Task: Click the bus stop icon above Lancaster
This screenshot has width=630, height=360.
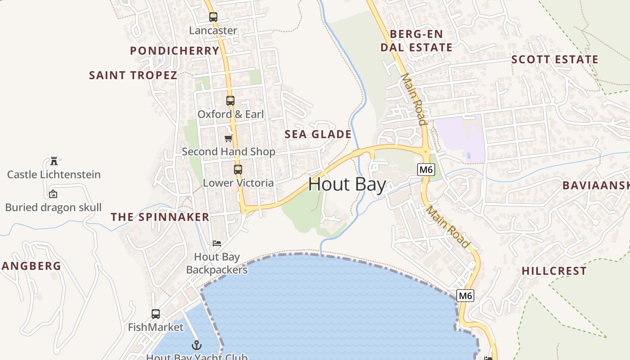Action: pos(213,17)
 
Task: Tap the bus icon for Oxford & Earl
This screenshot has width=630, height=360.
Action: pos(230,101)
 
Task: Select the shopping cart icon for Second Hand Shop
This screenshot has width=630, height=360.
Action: pos(229,138)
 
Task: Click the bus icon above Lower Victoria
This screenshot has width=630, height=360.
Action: pos(238,170)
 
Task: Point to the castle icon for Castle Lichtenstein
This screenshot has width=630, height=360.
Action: pos(54,161)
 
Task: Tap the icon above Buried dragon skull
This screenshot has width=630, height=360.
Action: pos(53,194)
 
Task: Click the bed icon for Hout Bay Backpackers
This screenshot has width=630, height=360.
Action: pos(217,243)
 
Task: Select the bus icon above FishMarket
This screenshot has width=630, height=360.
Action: pos(156,314)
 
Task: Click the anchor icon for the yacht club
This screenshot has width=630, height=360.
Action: pos(197,345)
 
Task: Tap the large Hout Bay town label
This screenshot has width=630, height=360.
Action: pos(347,184)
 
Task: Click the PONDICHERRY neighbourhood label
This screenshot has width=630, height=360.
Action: pos(175,51)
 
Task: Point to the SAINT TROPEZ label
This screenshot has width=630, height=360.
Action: pos(133,75)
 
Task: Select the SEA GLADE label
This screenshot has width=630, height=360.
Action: pos(318,134)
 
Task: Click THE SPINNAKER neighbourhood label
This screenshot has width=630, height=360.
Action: pos(160,217)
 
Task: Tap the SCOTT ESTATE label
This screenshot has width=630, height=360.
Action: pos(555,59)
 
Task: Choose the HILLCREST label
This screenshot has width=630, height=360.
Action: pos(554,271)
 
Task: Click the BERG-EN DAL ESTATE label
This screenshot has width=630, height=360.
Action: pos(417,40)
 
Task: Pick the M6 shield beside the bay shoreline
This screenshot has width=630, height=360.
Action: pos(465,296)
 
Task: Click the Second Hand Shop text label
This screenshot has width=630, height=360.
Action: pos(229,152)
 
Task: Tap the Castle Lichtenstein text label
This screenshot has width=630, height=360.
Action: pos(54,175)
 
